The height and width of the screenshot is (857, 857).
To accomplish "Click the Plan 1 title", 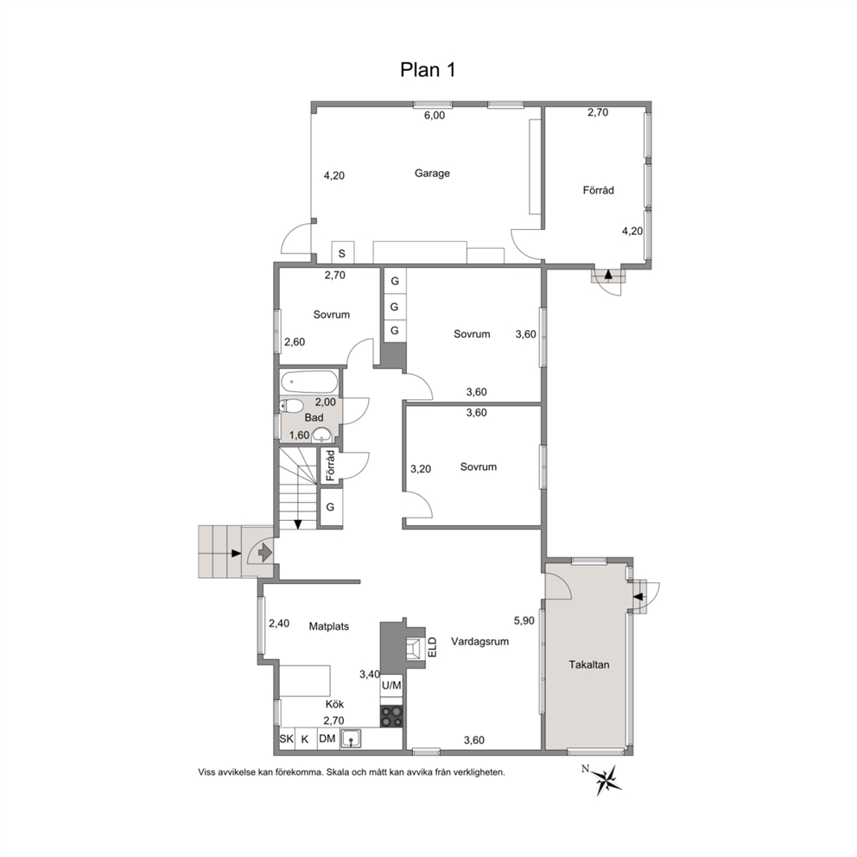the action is click(428, 70).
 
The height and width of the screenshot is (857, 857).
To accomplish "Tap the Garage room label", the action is click(432, 174).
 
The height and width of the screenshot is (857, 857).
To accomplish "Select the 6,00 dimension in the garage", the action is click(435, 115).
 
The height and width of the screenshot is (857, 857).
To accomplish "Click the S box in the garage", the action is click(342, 253).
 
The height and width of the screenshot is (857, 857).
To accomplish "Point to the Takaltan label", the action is click(588, 664).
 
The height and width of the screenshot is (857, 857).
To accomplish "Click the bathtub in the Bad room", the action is click(308, 382).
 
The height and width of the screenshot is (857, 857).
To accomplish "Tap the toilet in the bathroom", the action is click(291, 405).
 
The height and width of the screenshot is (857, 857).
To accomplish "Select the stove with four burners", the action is click(391, 716).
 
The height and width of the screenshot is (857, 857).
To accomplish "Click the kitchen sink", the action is click(351, 739).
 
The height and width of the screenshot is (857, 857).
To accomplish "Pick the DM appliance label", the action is click(327, 739).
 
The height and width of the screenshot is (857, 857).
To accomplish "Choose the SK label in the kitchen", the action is click(287, 739).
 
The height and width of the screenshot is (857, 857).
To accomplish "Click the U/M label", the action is click(391, 685).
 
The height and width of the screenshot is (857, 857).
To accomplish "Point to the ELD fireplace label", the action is click(432, 645).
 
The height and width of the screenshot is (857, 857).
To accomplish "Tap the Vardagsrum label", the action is click(479, 641).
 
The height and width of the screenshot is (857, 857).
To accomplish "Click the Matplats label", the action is click(329, 626).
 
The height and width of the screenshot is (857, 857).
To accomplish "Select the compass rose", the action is click(606, 779).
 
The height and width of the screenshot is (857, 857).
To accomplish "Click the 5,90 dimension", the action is click(524, 620).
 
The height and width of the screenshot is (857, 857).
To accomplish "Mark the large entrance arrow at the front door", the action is click(265, 553).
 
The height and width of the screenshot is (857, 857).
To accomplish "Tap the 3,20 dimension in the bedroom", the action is click(421, 468).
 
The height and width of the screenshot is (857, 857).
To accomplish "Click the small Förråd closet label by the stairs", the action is click(330, 466).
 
